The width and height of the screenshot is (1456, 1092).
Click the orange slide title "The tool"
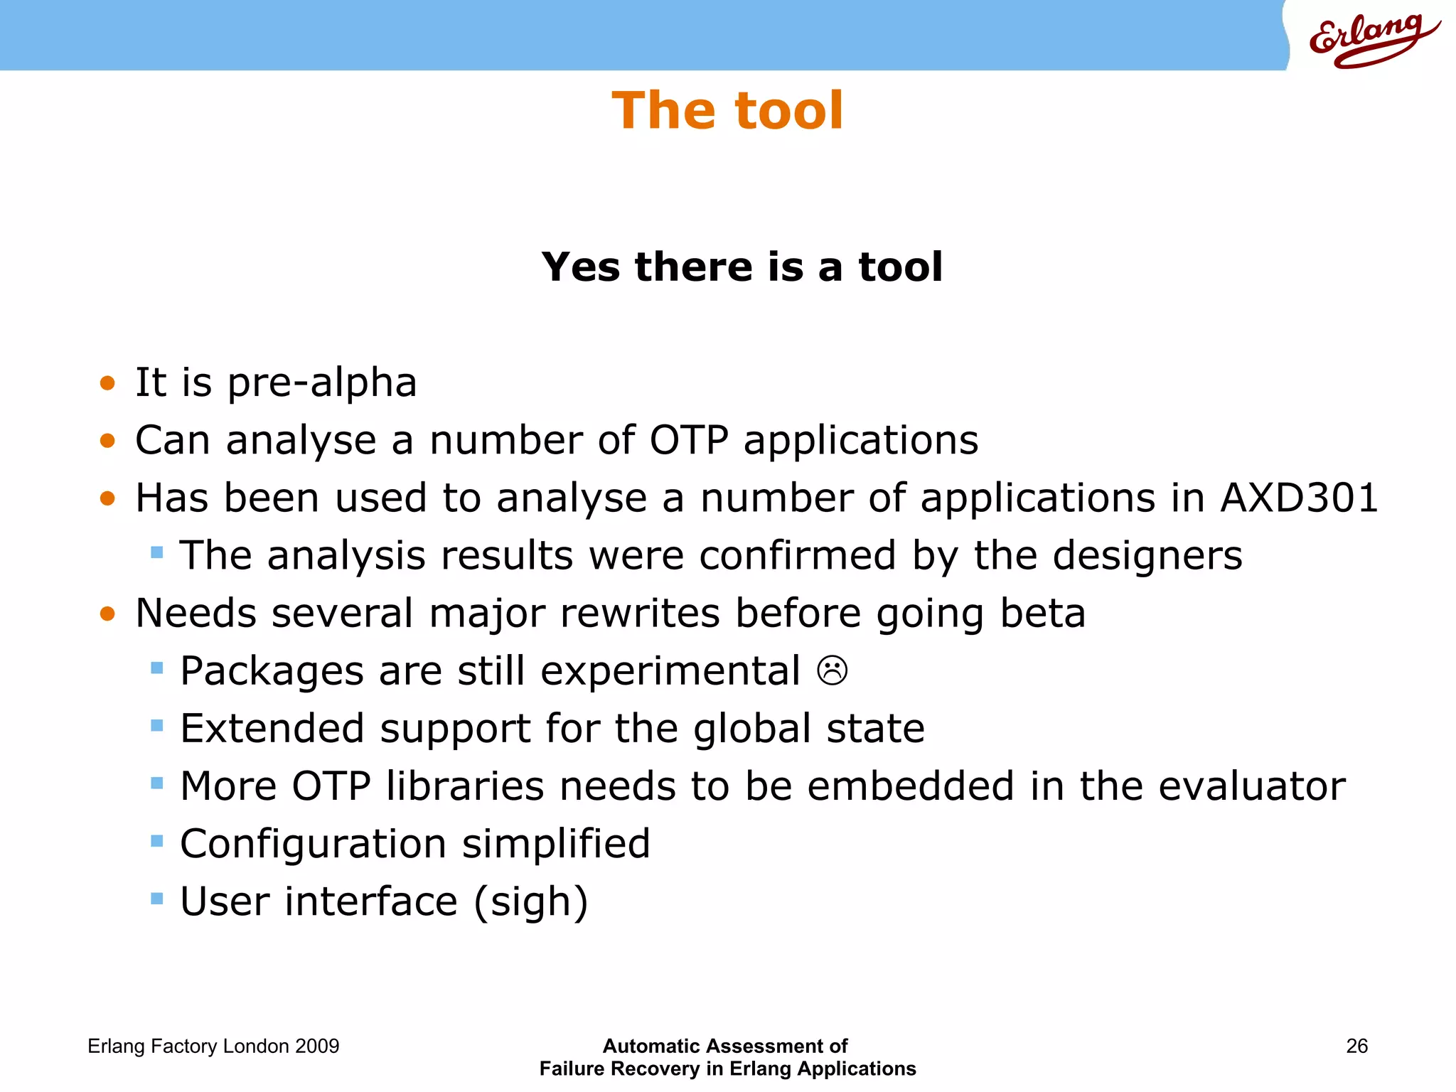(x=727, y=111)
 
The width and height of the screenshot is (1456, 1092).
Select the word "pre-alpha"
(x=322, y=383)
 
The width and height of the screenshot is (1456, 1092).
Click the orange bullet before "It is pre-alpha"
(x=107, y=384)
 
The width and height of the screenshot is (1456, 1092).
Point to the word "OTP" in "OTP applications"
(x=688, y=440)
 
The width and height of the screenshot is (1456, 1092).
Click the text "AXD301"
(x=1299, y=498)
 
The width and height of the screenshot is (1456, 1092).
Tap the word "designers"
(x=1147, y=556)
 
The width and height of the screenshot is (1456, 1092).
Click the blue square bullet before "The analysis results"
(x=157, y=552)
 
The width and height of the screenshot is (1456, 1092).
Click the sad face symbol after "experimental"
(x=833, y=670)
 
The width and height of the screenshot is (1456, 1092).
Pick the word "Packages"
(x=272, y=672)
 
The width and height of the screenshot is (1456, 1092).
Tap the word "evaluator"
(x=1251, y=786)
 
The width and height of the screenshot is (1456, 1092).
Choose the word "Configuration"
(x=314, y=845)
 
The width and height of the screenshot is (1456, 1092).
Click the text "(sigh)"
(x=531, y=903)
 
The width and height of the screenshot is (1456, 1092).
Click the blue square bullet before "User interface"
(x=157, y=899)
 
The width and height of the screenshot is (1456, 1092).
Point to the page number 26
(x=1356, y=1046)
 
